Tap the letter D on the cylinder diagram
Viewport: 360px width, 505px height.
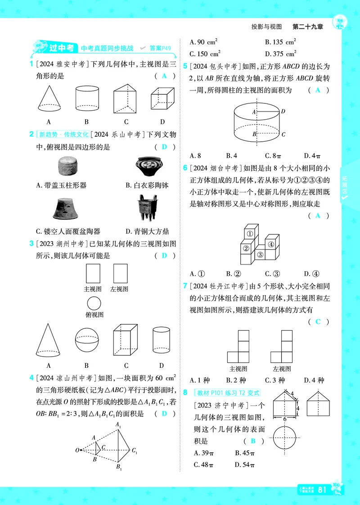(x=283, y=111)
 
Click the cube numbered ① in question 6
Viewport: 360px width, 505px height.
(x=249, y=233)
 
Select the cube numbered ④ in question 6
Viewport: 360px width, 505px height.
(x=271, y=245)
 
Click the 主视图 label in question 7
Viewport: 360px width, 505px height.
(x=238, y=369)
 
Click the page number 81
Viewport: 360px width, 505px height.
(x=322, y=490)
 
